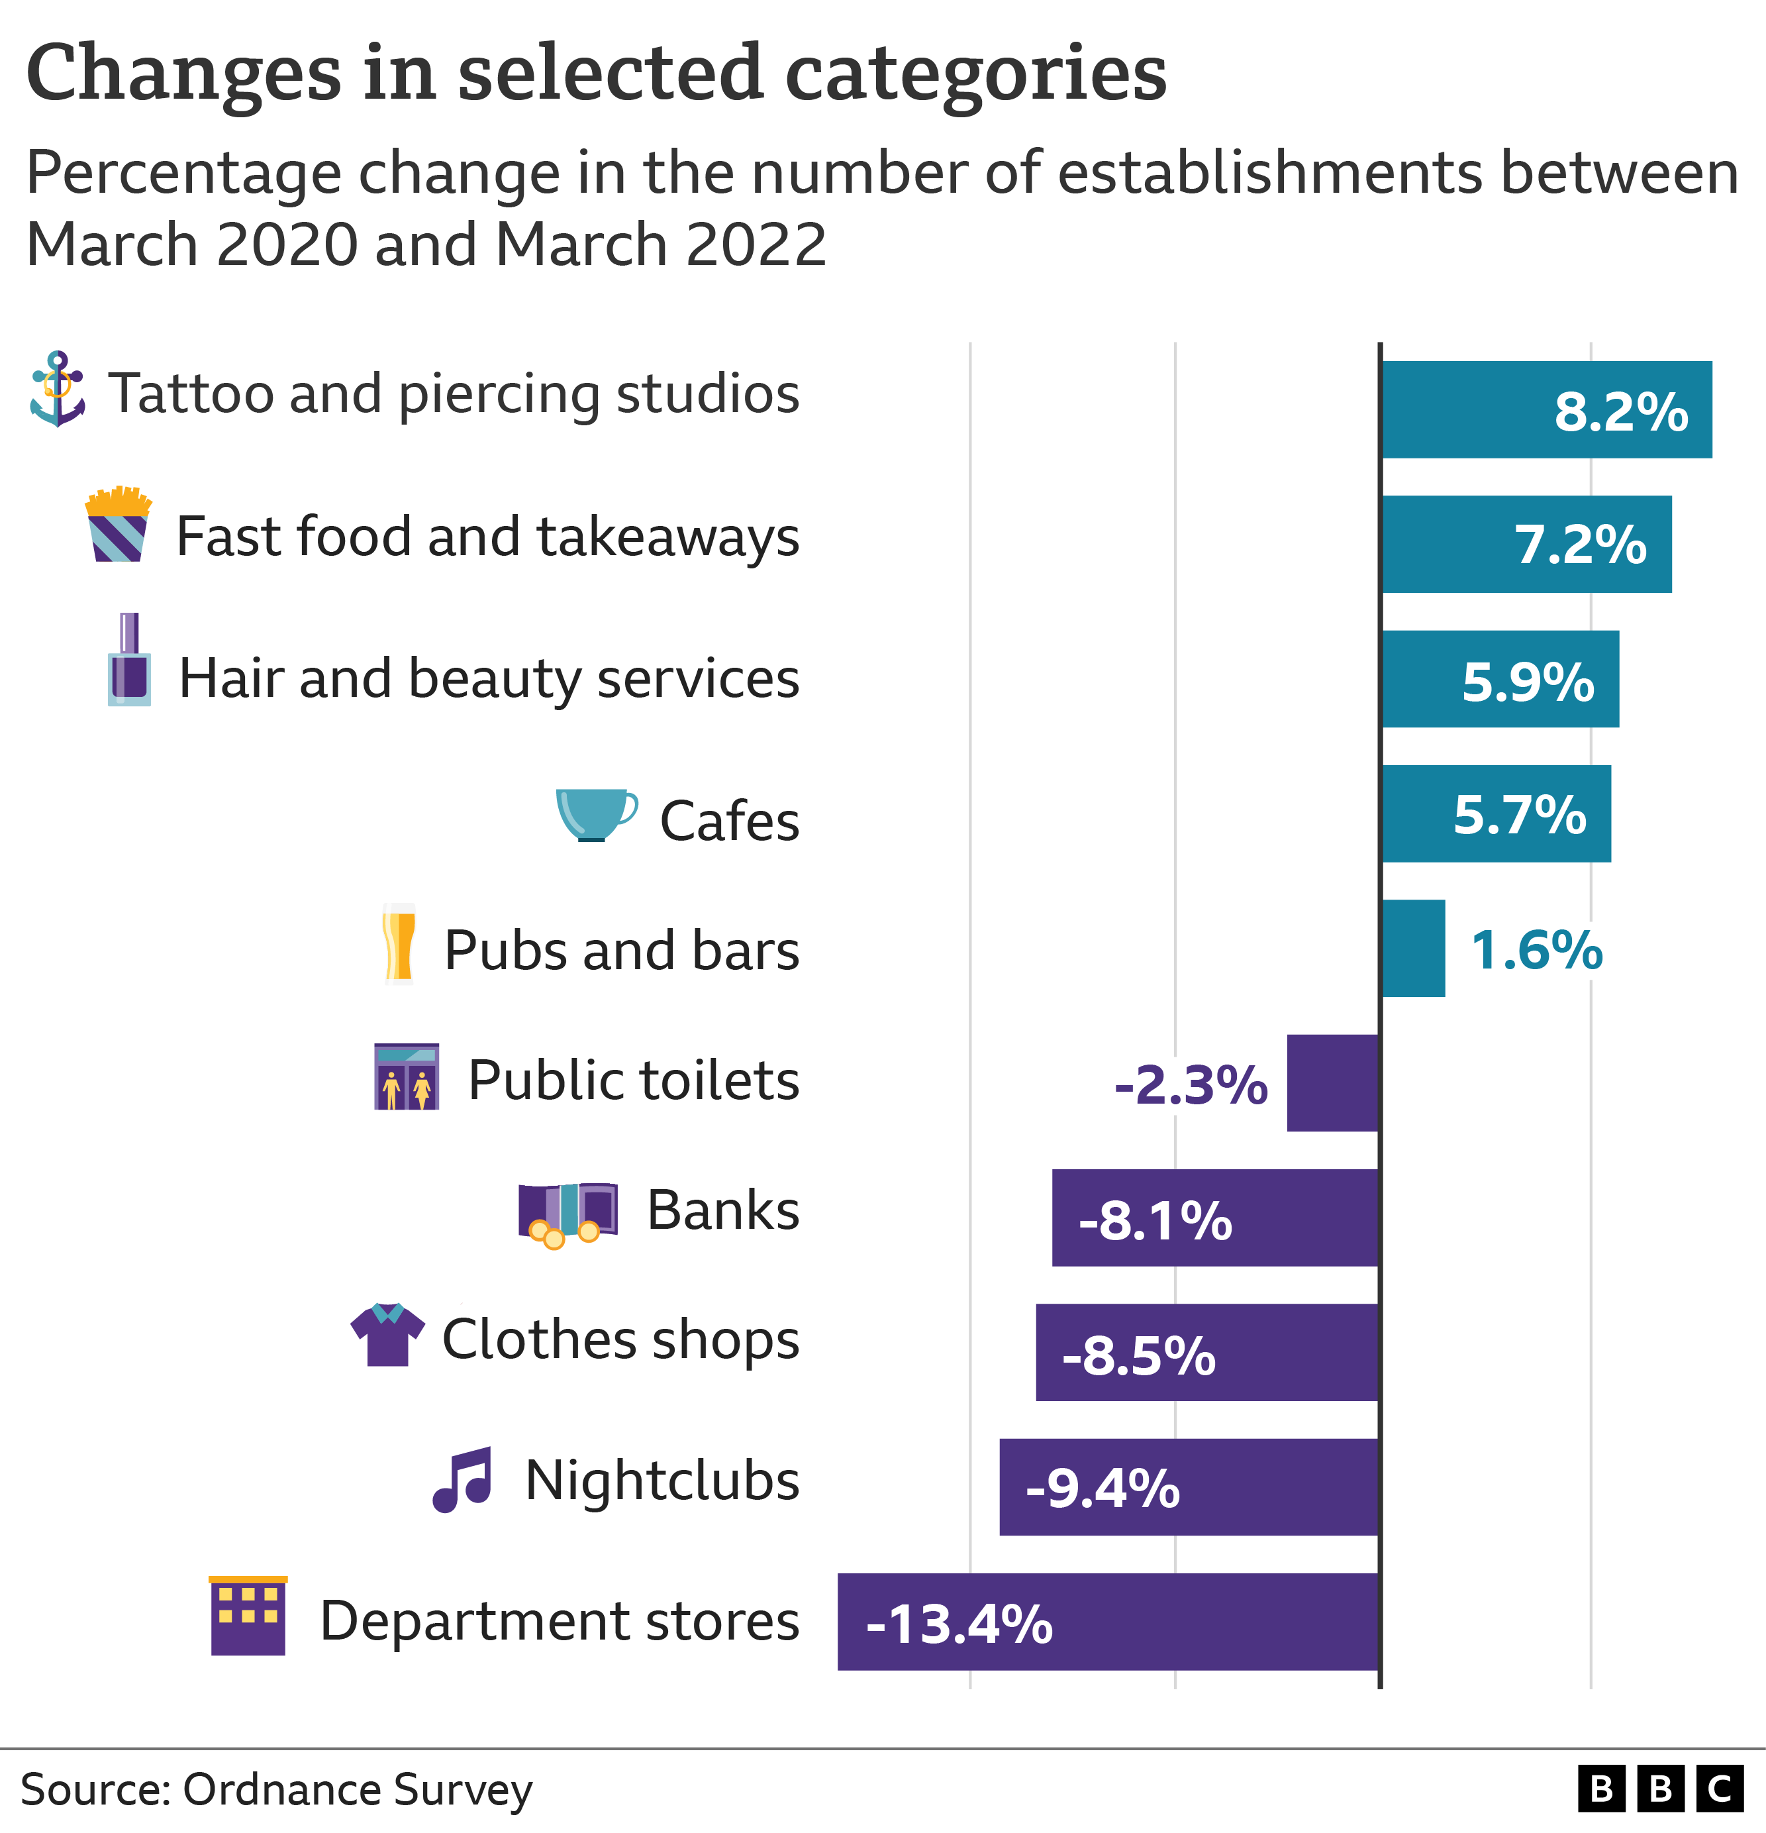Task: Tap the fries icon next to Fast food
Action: [x=118, y=525]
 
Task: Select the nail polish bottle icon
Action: [x=129, y=660]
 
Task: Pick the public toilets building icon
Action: [x=407, y=1076]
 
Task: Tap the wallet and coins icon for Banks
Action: [x=567, y=1214]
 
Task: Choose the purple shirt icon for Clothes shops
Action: [x=388, y=1335]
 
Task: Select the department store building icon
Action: [x=248, y=1615]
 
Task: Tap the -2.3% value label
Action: [x=1190, y=1085]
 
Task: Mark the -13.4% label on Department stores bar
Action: [x=959, y=1624]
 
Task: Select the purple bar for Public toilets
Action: [x=1332, y=1083]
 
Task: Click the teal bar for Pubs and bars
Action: [x=1412, y=948]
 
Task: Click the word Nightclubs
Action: [x=662, y=1481]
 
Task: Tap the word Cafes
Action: [x=729, y=821]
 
